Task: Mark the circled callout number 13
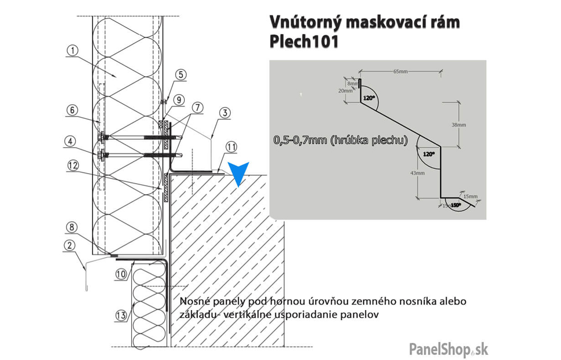tap(121, 316)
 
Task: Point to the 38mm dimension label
tap(459, 125)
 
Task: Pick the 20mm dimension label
tap(348, 91)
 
